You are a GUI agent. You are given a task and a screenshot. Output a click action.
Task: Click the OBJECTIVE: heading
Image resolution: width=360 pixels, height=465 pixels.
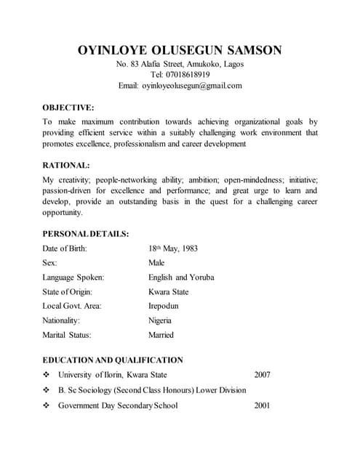(68, 107)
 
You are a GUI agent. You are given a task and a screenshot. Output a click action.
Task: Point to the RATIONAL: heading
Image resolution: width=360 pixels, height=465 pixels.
(66, 165)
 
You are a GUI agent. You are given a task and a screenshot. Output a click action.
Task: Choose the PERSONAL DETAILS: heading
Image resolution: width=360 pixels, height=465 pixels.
(86, 234)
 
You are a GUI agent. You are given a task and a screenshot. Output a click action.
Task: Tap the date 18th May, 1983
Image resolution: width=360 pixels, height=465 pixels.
(173, 248)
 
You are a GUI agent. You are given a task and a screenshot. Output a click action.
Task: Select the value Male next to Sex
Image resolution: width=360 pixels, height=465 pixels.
(156, 263)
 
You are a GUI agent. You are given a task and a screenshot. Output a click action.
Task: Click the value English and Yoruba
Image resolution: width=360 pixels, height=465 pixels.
(181, 278)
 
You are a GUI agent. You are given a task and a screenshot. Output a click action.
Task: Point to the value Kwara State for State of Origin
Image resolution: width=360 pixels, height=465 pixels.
(168, 292)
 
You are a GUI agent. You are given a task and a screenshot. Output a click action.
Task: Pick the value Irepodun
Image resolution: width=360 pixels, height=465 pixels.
(164, 306)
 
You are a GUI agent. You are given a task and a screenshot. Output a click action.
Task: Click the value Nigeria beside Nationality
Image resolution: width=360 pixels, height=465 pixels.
(160, 320)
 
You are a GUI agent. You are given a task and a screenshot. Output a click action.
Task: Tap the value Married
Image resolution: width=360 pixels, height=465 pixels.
(161, 335)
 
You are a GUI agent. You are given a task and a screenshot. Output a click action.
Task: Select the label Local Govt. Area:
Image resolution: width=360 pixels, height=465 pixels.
(72, 306)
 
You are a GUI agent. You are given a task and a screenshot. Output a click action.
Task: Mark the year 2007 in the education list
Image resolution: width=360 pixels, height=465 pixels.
(263, 375)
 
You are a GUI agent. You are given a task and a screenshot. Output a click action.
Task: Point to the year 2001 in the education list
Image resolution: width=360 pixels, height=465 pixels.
(263, 405)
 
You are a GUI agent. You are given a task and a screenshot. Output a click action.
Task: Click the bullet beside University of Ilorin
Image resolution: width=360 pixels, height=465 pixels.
(47, 375)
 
